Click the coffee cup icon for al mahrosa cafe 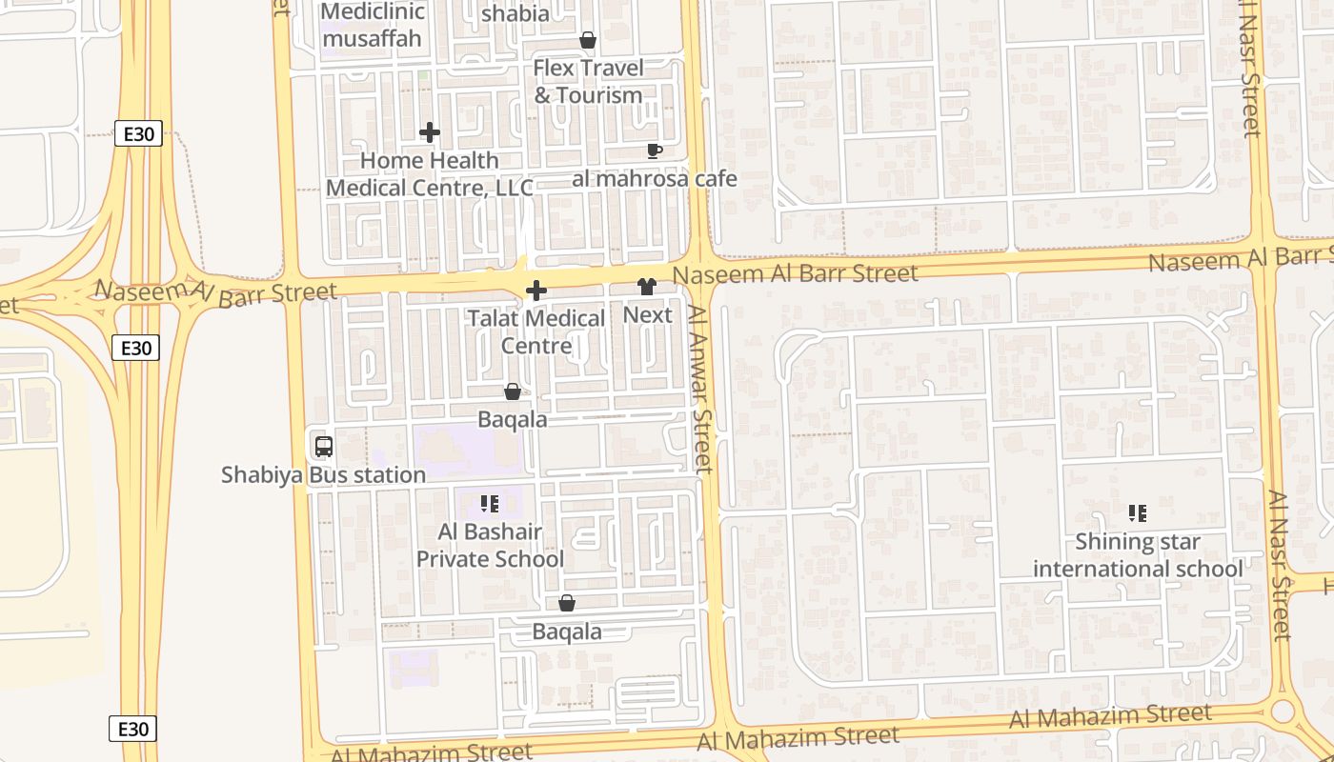pos(654,150)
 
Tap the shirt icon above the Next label pos(647,287)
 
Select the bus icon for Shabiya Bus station pos(323,446)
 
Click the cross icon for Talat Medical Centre pos(536,291)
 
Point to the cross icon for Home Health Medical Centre pos(430,132)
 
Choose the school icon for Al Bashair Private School pos(490,504)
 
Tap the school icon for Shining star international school pos(1137,513)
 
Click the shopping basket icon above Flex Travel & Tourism pos(588,40)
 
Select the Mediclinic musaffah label pos(373,25)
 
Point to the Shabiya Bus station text pos(323,474)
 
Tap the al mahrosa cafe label pos(655,178)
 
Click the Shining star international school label pos(1138,555)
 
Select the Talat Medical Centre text pos(536,331)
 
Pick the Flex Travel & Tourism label pos(588,82)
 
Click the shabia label pos(515,13)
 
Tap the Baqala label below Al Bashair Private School pos(567,632)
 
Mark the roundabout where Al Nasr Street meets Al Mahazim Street pos(1283,711)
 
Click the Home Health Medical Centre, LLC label pos(430,174)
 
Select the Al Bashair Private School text pos(490,546)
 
